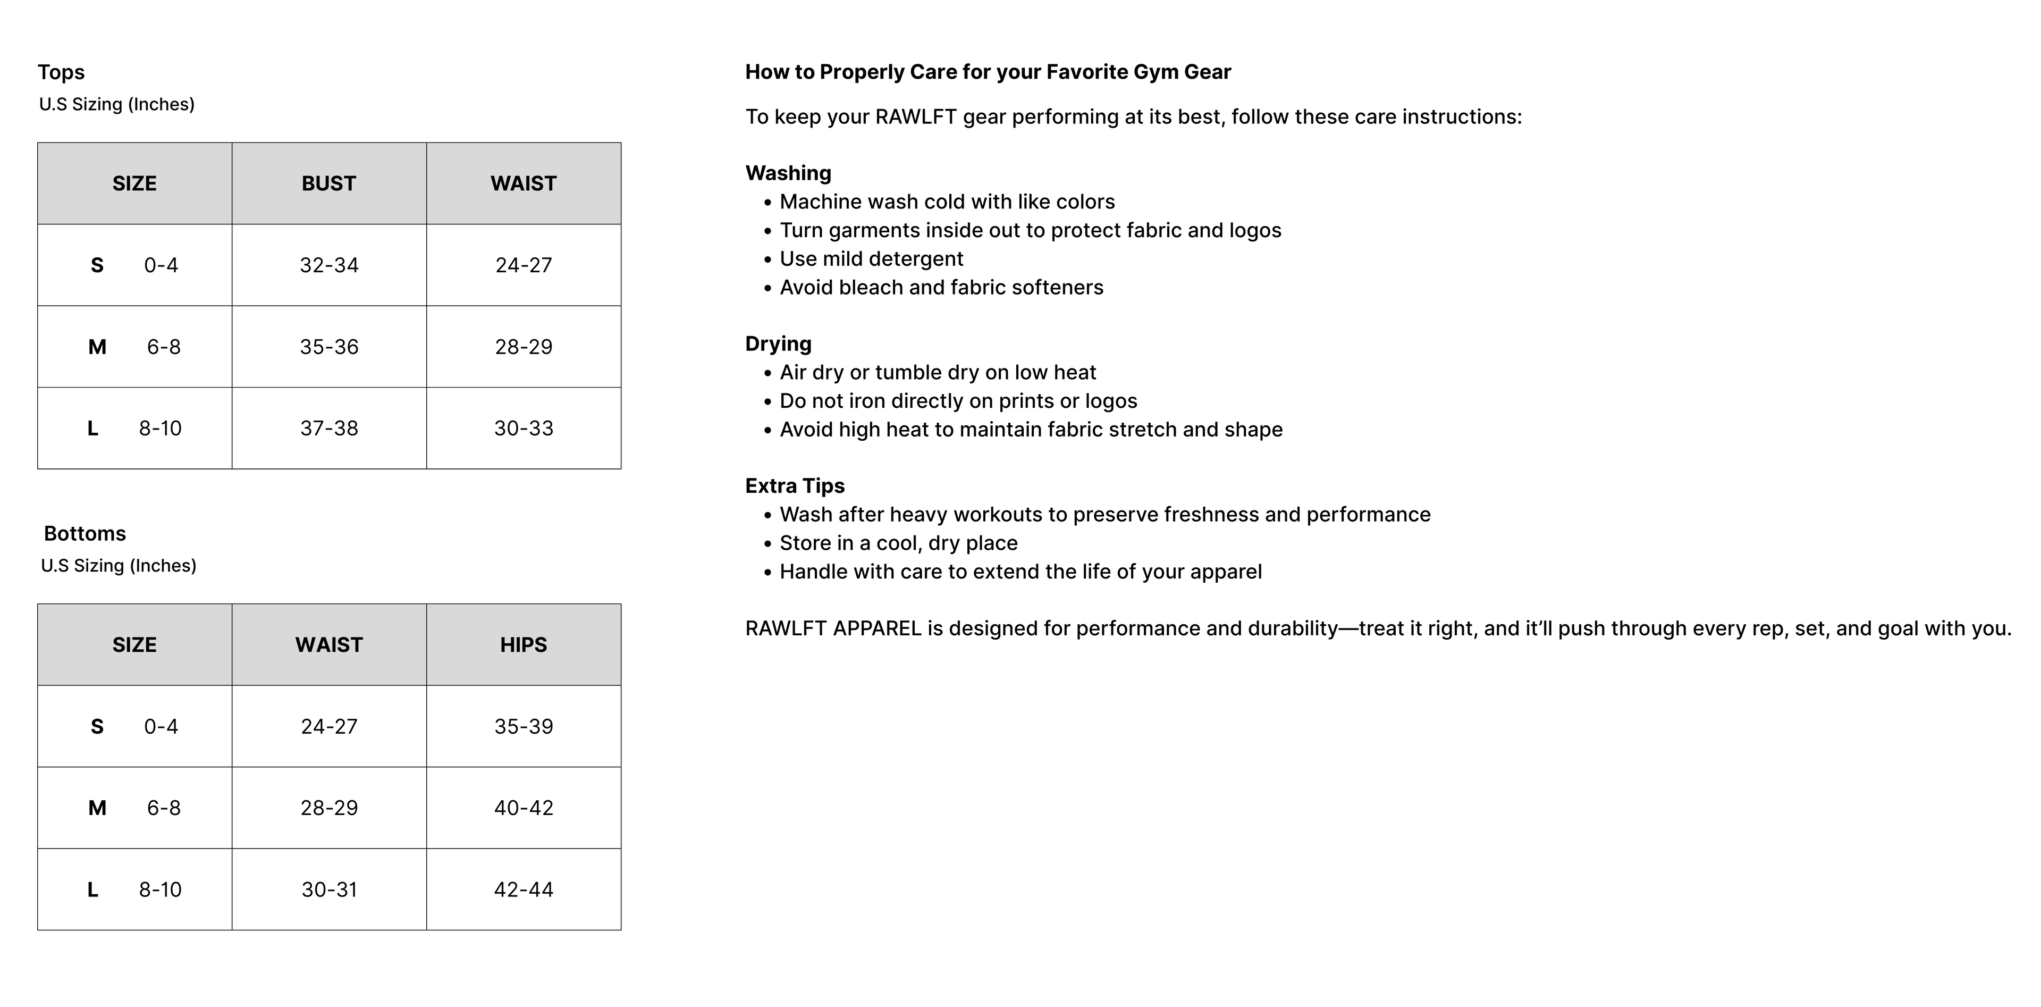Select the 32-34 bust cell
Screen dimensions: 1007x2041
[329, 265]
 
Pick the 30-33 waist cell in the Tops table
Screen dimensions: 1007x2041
[524, 428]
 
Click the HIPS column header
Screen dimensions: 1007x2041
[524, 644]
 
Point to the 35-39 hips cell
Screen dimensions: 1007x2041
[524, 726]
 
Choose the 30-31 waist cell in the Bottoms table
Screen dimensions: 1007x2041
[329, 889]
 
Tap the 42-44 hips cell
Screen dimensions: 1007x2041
[524, 889]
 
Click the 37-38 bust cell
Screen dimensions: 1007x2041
[329, 428]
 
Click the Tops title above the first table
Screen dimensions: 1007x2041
[61, 72]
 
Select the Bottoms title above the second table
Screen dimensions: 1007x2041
[85, 533]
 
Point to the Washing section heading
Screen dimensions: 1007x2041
[788, 173]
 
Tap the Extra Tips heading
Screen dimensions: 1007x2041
[795, 485]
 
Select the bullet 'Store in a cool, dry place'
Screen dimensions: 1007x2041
[898, 543]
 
